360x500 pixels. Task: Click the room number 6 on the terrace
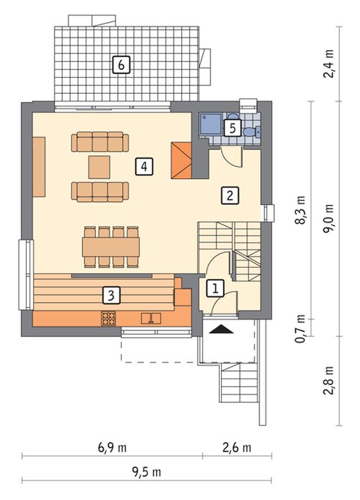tap(121, 65)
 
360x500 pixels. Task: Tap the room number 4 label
tap(144, 166)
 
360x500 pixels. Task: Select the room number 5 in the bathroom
tap(232, 128)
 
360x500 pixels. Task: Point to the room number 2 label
tap(230, 195)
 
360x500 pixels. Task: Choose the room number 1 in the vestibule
tap(215, 289)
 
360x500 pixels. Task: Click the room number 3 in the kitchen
tap(111, 295)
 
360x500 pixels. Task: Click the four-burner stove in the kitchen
tap(109, 318)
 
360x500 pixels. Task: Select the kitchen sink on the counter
tap(151, 318)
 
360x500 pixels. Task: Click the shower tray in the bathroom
tap(211, 124)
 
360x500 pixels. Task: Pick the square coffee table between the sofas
tap(99, 167)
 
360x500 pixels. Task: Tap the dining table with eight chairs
tap(111, 247)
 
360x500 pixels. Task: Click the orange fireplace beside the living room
tap(181, 160)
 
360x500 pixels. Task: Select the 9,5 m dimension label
tap(146, 472)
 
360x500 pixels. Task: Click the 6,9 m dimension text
tap(112, 448)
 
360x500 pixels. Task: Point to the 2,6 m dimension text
tap(237, 448)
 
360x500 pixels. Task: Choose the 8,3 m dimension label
tap(300, 210)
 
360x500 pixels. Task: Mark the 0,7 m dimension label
tap(300, 328)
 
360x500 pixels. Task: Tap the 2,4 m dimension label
tap(328, 64)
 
